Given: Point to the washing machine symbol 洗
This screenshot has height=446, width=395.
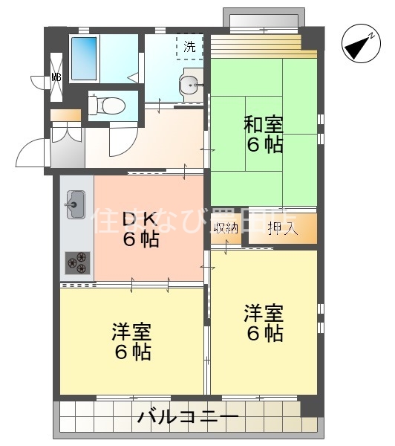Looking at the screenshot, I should [190, 45].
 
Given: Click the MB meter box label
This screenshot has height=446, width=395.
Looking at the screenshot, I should [56, 77].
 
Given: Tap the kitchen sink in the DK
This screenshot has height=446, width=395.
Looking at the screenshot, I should [75, 201].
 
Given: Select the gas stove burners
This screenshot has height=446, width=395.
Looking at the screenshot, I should [76, 261].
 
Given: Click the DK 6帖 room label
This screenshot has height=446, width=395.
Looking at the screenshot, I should [140, 229].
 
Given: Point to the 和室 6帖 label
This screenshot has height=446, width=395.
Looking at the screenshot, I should [264, 135].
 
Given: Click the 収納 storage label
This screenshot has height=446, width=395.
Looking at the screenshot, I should [226, 228].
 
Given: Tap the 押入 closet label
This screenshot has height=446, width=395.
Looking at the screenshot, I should [283, 228].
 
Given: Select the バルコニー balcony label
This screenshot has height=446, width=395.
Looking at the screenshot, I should [188, 417].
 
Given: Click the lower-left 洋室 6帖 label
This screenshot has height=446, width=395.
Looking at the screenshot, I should [133, 341].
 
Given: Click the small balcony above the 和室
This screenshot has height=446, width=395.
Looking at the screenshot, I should [264, 20].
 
